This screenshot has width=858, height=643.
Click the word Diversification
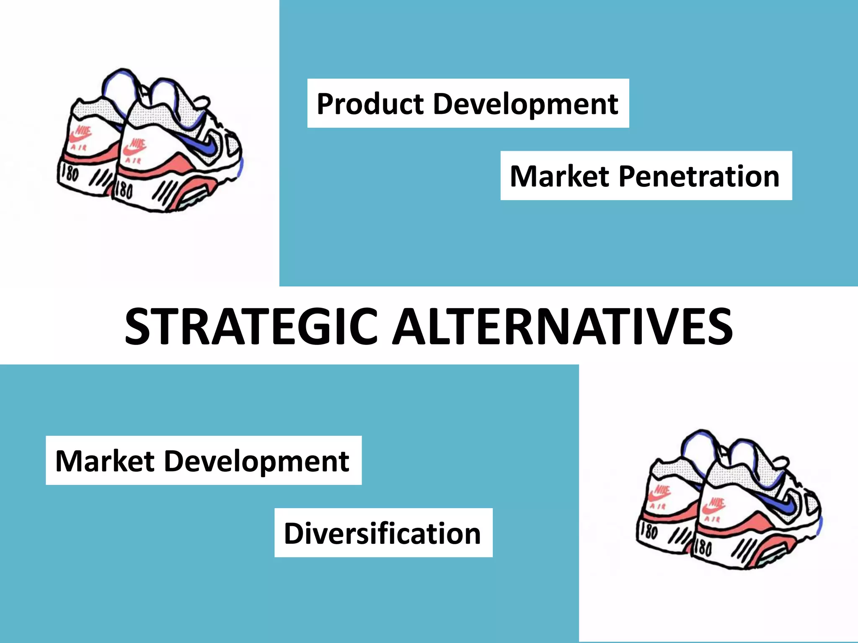382,533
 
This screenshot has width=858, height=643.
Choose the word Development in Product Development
525,104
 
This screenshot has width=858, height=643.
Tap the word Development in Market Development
256,461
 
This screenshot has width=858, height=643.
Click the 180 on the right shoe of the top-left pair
124,190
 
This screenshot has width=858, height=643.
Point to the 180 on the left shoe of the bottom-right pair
649,532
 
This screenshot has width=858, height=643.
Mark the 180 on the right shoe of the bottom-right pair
703,548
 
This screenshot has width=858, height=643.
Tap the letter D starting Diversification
293,533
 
